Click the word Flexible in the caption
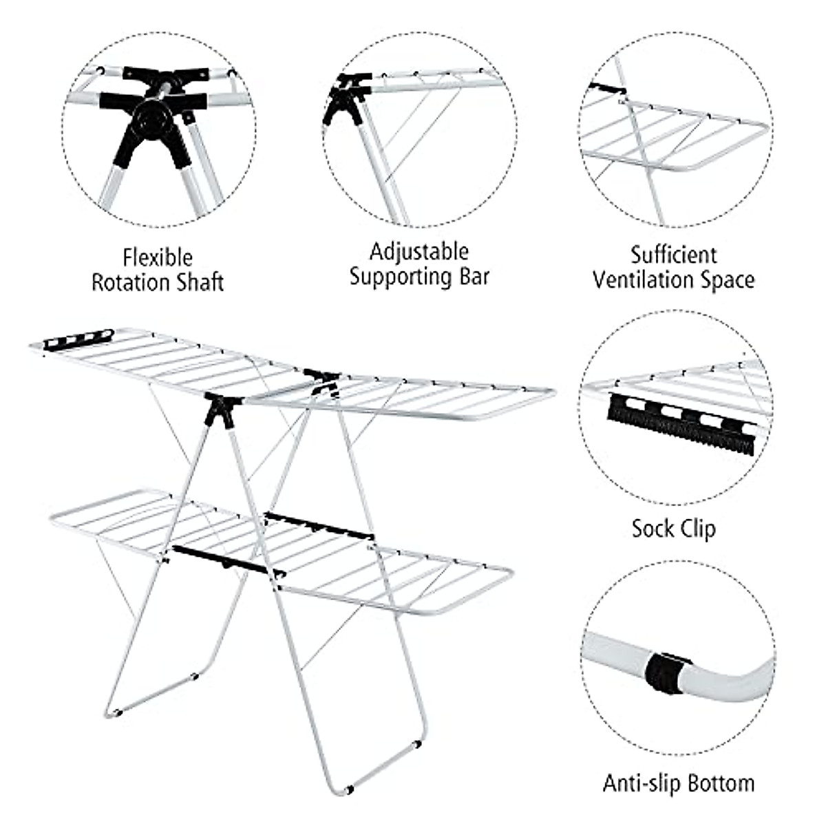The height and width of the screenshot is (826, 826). [158, 258]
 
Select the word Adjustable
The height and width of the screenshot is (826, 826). [419, 252]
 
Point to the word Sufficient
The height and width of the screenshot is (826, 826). [674, 255]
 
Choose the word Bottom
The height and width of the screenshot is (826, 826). [722, 783]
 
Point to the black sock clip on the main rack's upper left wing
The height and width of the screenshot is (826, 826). [78, 338]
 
